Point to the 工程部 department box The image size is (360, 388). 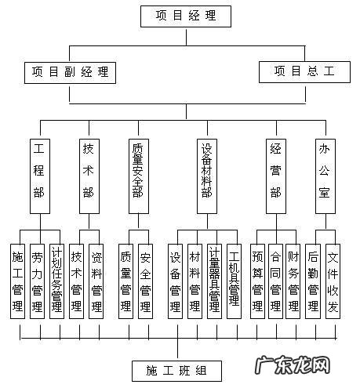tap(39, 174)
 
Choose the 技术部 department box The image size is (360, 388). tap(89, 174)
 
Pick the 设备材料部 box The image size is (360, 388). tap(206, 174)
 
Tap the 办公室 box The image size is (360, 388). tap(323, 174)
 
